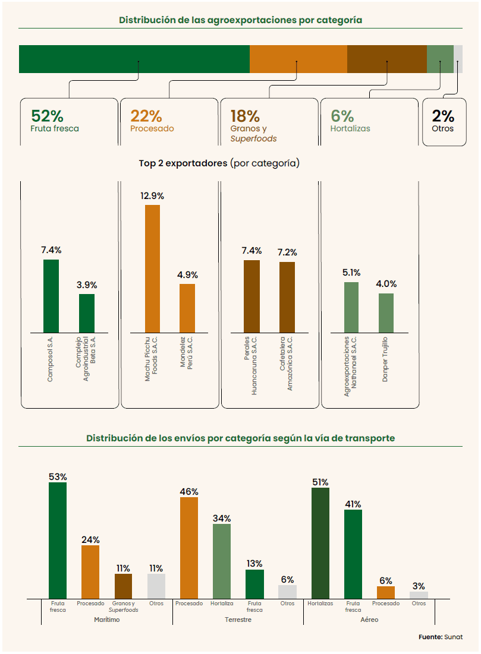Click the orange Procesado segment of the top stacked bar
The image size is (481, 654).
(298, 59)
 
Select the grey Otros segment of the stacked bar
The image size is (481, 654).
(458, 59)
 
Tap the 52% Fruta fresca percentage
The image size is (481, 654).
(47, 116)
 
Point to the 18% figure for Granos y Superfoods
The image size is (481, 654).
(245, 116)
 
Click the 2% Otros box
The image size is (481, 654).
(443, 121)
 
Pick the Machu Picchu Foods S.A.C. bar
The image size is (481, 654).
(152, 268)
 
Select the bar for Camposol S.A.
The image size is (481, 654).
(51, 296)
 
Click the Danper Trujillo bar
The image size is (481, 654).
(386, 313)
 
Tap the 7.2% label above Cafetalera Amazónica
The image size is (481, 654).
(287, 252)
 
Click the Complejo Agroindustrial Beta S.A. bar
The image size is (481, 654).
(87, 313)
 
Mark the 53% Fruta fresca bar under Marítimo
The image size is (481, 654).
(58, 540)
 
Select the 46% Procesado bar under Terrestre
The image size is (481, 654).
(189, 548)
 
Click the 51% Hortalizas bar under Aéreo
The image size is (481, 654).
(320, 543)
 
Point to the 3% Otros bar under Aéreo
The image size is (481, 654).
(419, 595)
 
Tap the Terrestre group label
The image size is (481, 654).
(238, 620)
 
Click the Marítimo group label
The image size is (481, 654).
(107, 620)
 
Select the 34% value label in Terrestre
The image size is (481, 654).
(222, 519)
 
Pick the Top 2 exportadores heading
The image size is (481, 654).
(219, 163)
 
